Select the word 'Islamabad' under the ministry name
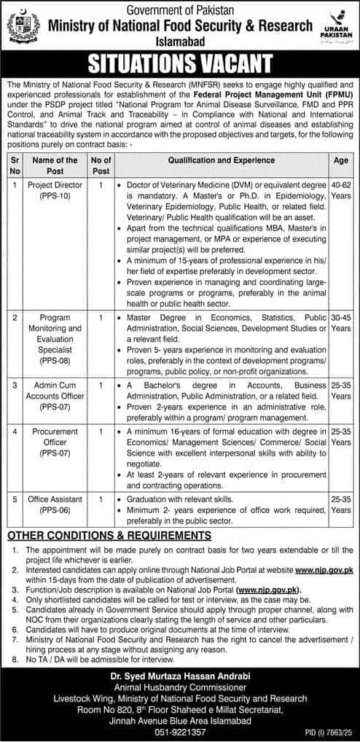[x=179, y=43]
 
